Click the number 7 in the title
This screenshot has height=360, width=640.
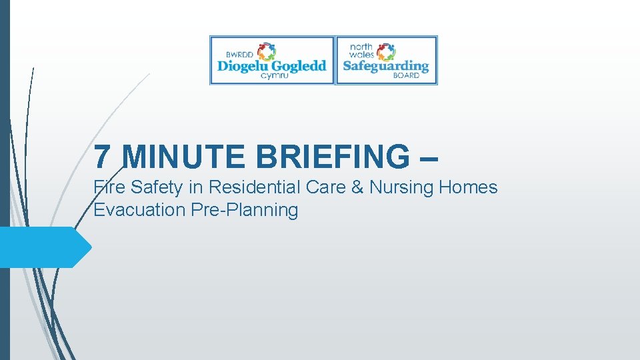tap(101, 157)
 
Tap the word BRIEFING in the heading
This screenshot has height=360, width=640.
tap(330, 157)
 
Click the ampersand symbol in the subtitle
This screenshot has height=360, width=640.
tap(358, 187)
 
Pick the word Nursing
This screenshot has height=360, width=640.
tap(402, 187)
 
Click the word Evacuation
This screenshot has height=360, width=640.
tap(139, 210)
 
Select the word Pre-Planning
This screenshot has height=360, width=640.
tap(244, 210)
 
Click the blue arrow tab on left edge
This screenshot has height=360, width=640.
tap(44, 247)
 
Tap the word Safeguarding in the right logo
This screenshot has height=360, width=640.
tap(385, 65)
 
